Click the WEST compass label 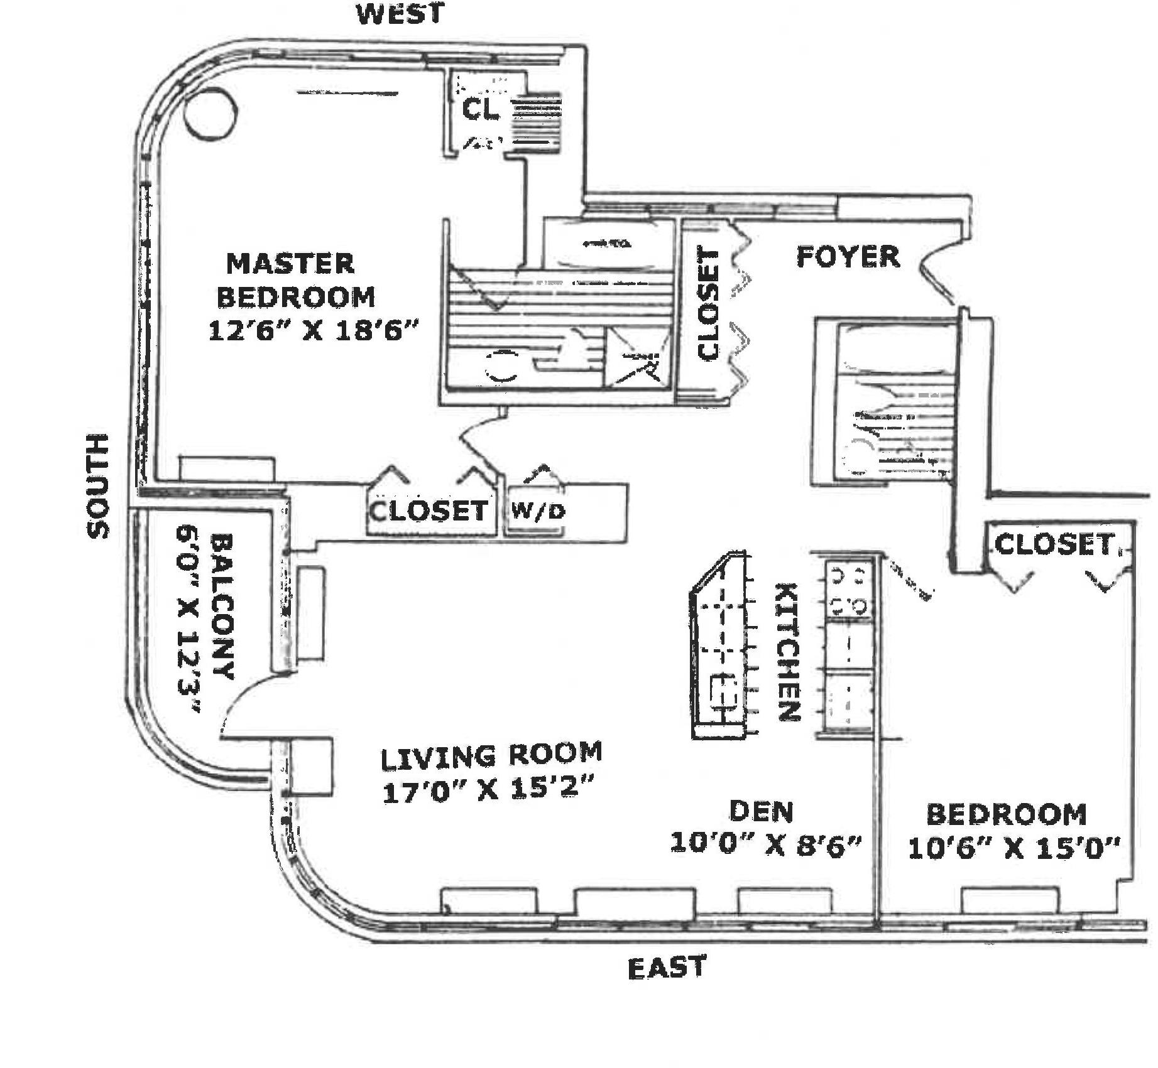point(400,14)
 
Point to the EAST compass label point(667,968)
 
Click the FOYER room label point(848,257)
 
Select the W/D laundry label point(537,511)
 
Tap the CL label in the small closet point(481,109)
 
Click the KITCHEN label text point(788,651)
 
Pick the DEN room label point(762,811)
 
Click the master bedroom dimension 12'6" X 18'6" point(313,330)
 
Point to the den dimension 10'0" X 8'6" point(765,843)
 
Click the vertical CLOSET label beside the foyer point(708,305)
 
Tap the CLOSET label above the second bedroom point(1054,544)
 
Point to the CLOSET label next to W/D point(429,510)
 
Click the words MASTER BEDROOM point(295,280)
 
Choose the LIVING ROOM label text point(491,755)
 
